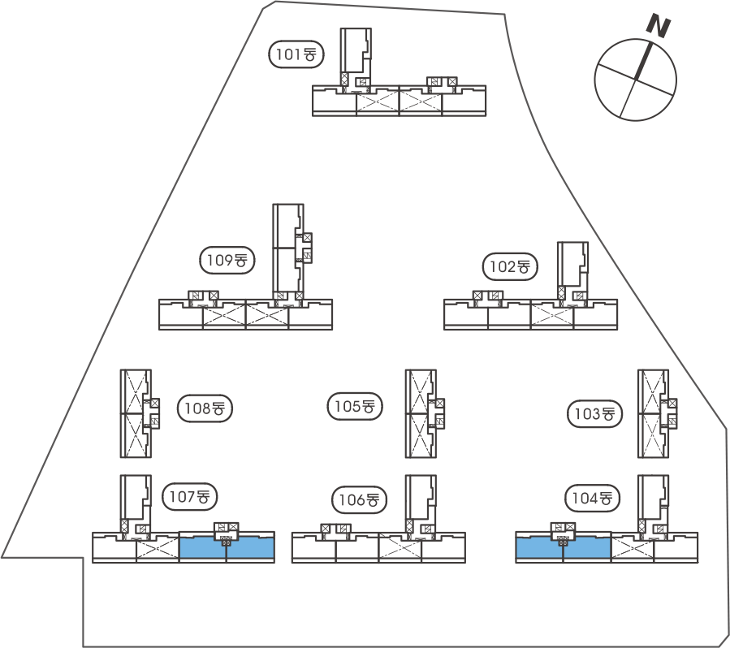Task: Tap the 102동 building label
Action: [x=511, y=266]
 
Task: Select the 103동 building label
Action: [x=594, y=413]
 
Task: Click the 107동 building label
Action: [x=192, y=495]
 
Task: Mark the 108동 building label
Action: [x=205, y=408]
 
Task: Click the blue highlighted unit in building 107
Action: [x=227, y=549]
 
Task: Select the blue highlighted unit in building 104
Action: [x=564, y=549]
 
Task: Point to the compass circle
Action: [x=635, y=80]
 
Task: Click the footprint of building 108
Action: [x=135, y=414]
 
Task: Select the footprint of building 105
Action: [x=420, y=414]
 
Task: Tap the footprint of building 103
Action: [x=654, y=414]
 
